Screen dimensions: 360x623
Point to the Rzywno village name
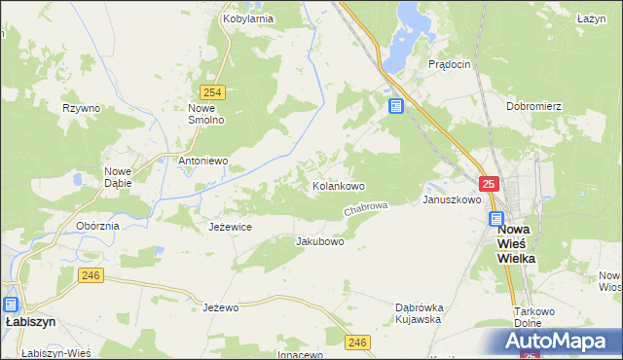[x=81, y=108]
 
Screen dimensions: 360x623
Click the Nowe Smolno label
[x=206, y=114]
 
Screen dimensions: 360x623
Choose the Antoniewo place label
[x=202, y=161]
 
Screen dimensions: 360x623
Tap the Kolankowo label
[x=338, y=186]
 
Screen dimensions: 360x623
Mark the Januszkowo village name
[x=452, y=199]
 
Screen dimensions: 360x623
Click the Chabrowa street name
[x=366, y=209]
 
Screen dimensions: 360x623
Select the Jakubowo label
[x=319, y=241]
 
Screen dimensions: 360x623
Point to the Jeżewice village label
[x=231, y=227]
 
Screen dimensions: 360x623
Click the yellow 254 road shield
[x=215, y=92]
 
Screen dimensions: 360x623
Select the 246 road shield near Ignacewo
[x=357, y=342]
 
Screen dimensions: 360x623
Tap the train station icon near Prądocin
[x=395, y=106]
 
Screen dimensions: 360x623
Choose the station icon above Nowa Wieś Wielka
[x=496, y=220]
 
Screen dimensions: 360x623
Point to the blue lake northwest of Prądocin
[x=403, y=38]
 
